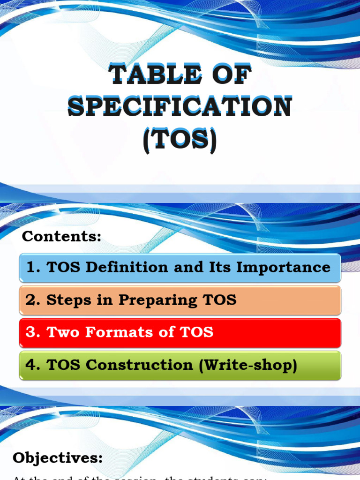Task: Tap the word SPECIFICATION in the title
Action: (180, 107)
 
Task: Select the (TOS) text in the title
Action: (180, 139)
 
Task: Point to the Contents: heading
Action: (61, 237)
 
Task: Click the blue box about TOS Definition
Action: (180, 268)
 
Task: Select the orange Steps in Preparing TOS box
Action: (180, 300)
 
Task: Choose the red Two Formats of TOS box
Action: (180, 333)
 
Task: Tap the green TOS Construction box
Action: (180, 365)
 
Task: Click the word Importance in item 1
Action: (283, 268)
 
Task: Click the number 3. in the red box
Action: (32, 333)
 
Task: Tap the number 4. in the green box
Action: (32, 365)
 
